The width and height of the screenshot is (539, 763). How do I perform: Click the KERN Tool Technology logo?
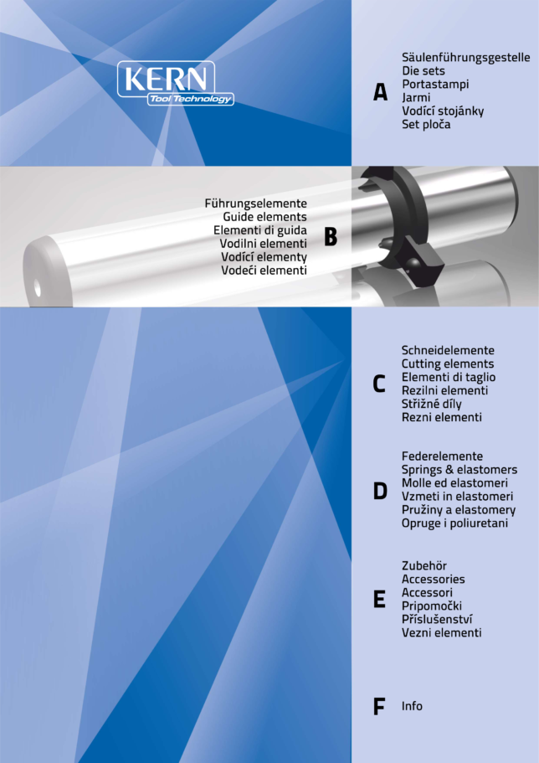pyautogui.click(x=175, y=83)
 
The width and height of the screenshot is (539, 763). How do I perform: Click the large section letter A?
pyautogui.click(x=381, y=91)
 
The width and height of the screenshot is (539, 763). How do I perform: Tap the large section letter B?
pyautogui.click(x=331, y=237)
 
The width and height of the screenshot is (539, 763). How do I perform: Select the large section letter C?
pyautogui.click(x=379, y=384)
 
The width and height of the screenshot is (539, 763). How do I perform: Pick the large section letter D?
pyautogui.click(x=380, y=491)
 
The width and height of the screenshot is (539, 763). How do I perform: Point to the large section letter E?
pyautogui.click(x=379, y=599)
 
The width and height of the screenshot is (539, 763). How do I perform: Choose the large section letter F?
pyautogui.click(x=379, y=706)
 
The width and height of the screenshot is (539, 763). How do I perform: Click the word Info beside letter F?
pyautogui.click(x=412, y=706)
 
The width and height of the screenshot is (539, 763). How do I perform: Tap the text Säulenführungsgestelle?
pyautogui.click(x=466, y=58)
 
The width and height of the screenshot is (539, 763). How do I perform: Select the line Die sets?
pyautogui.click(x=423, y=70)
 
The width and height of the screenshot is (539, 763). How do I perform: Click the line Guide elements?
pyautogui.click(x=265, y=217)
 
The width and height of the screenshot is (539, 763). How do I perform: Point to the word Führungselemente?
pyautogui.click(x=256, y=204)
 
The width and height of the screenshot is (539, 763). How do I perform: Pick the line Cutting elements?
pyautogui.click(x=448, y=364)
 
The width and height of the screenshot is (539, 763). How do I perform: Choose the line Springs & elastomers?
pyautogui.click(x=459, y=470)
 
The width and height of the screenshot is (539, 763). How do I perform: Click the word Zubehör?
pyautogui.click(x=424, y=566)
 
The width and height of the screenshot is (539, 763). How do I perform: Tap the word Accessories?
pyautogui.click(x=433, y=579)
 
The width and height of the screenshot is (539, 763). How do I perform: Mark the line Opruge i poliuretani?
pyautogui.click(x=454, y=523)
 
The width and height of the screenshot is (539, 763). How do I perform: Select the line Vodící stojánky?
pyautogui.click(x=443, y=111)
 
